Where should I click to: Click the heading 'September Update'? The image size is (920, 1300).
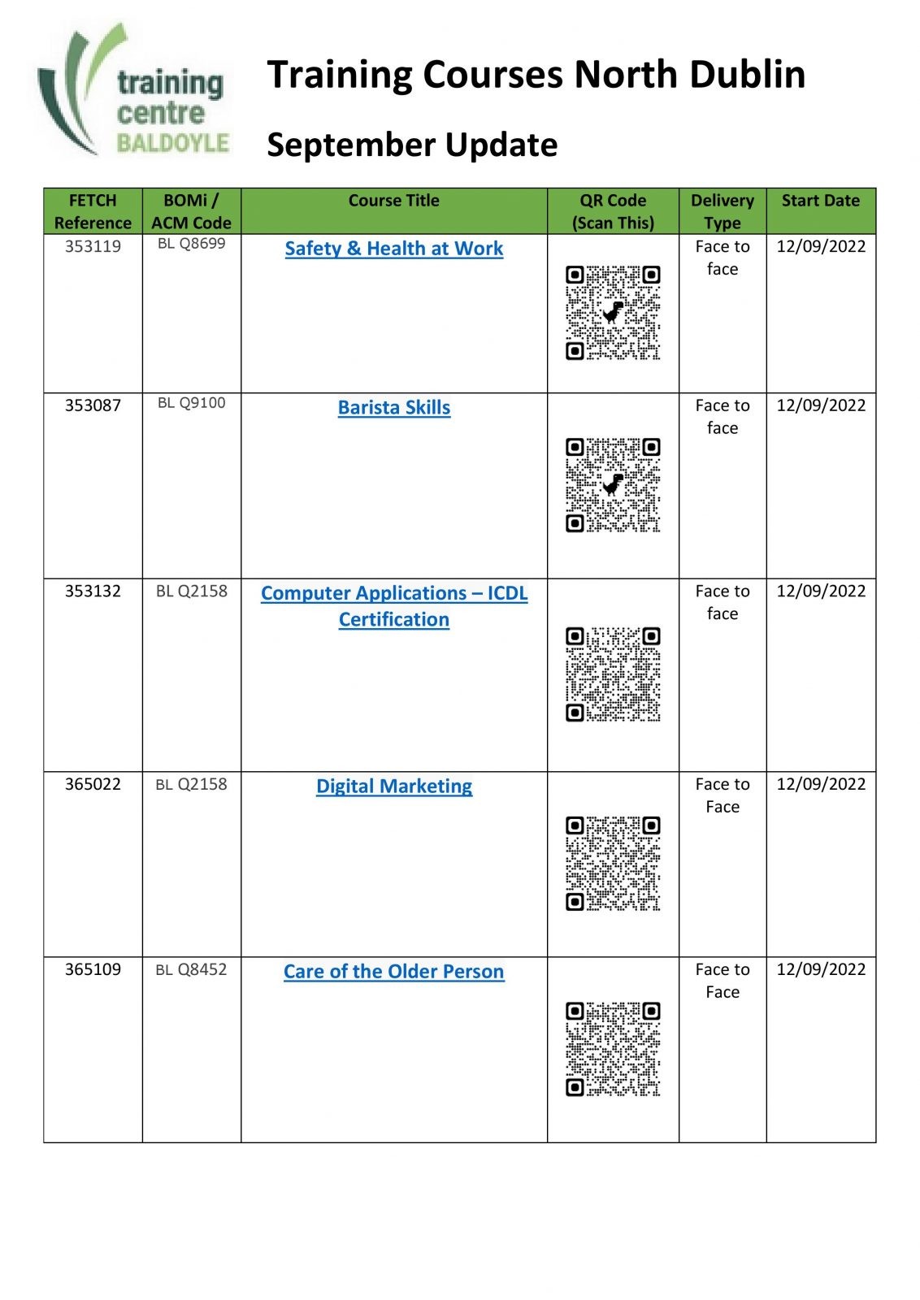(412, 145)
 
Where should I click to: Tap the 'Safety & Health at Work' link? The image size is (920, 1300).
(393, 249)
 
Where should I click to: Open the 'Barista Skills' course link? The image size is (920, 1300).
(393, 408)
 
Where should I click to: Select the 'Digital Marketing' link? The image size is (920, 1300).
(393, 786)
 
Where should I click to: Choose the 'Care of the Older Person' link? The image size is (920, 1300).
(393, 972)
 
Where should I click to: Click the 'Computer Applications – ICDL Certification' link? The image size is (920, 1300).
(393, 606)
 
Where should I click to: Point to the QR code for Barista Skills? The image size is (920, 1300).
(613, 485)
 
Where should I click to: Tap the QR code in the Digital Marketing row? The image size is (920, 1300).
(613, 864)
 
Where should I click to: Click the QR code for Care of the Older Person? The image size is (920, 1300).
(613, 1049)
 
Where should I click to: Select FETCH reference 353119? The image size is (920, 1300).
(93, 246)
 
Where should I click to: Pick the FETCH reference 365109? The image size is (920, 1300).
(93, 969)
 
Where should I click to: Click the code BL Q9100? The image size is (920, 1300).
(191, 403)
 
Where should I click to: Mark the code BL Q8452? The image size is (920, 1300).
(191, 969)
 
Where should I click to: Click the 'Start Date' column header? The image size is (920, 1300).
(820, 201)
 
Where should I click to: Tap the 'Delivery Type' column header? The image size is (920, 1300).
(722, 211)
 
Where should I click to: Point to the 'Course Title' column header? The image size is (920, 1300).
(393, 201)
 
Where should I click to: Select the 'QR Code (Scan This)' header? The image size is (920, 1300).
(613, 211)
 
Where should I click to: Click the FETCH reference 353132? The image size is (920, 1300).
(93, 591)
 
